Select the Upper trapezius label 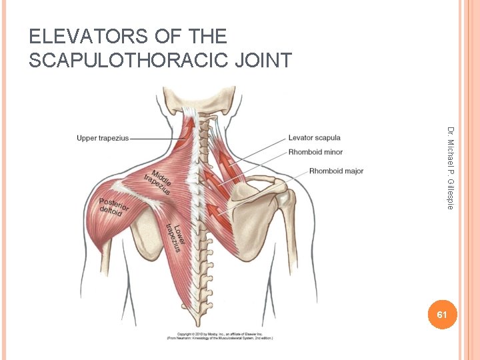pyautogui.click(x=102, y=139)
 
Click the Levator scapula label pyautogui.click(x=314, y=138)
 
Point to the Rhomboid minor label pyautogui.click(x=315, y=152)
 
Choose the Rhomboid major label pyautogui.click(x=336, y=171)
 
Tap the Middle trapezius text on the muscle pyautogui.click(x=158, y=182)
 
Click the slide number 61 pyautogui.click(x=439, y=314)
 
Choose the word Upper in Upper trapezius pyautogui.click(x=87, y=139)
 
